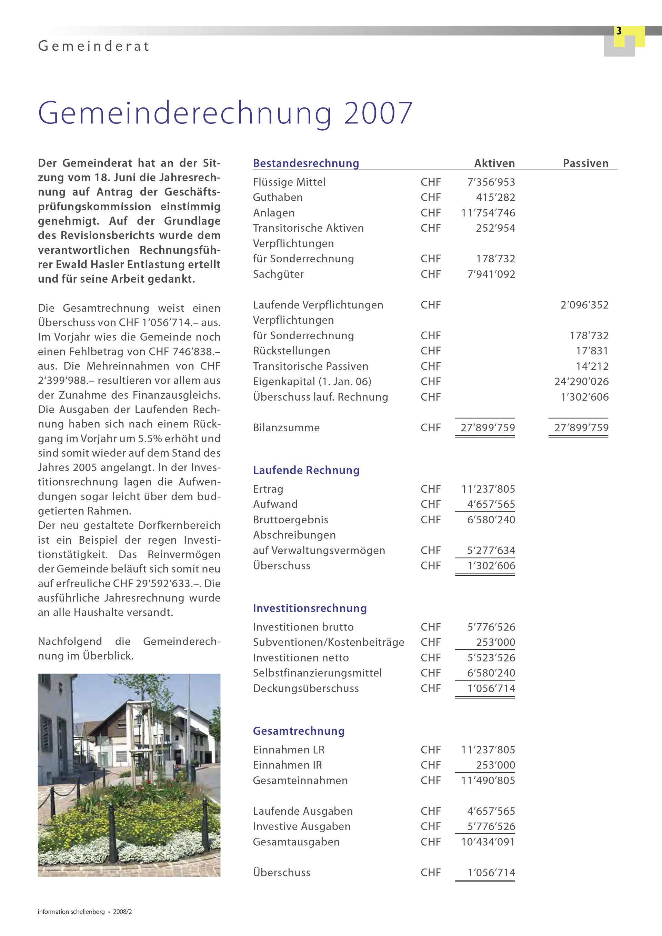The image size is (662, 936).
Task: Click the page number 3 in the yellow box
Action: click(619, 31)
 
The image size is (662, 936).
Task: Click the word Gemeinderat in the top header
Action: click(94, 46)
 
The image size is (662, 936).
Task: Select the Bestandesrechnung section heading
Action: click(306, 163)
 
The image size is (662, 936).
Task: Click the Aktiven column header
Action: click(494, 163)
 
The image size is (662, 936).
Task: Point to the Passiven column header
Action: click(585, 163)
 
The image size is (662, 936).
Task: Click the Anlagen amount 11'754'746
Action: click(488, 213)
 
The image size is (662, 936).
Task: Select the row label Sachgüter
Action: click(278, 274)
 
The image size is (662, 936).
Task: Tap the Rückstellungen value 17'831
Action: click(592, 351)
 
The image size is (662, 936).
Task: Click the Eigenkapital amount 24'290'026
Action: click(581, 382)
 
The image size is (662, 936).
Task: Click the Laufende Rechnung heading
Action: click(306, 471)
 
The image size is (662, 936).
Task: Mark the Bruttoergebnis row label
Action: click(290, 520)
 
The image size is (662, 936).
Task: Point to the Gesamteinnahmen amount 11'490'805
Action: click(488, 780)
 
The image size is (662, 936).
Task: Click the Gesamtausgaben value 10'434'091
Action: click(488, 842)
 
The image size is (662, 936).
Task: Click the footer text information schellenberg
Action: click(71, 912)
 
